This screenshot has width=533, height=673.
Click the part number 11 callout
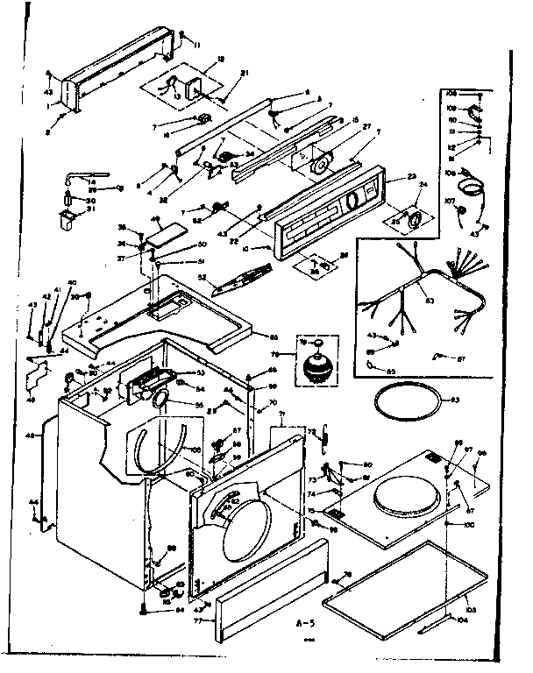point(197,44)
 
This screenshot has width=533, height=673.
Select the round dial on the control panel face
point(352,200)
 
